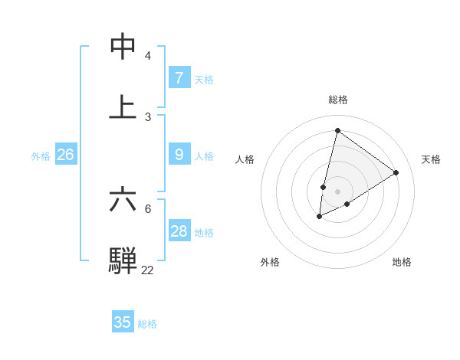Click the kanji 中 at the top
[123, 47]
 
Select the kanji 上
[123, 106]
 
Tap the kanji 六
[123, 199]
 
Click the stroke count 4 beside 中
[148, 56]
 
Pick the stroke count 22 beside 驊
[147, 270]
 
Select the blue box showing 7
[179, 77]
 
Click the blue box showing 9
[179, 155]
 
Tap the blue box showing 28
[179, 231]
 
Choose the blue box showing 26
[65, 155]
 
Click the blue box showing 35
[123, 322]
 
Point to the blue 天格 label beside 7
[204, 79]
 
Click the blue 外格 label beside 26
[41, 156]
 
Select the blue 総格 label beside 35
[147, 324]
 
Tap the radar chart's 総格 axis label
[338, 100]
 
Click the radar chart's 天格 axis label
[431, 159]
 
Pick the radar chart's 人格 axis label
[245, 159]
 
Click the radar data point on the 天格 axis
[396, 172]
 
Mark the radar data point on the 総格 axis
[337, 130]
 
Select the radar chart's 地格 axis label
[402, 262]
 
